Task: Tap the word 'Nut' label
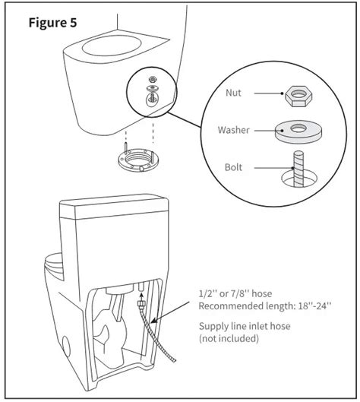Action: tap(234, 93)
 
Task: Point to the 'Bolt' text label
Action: tap(232, 166)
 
